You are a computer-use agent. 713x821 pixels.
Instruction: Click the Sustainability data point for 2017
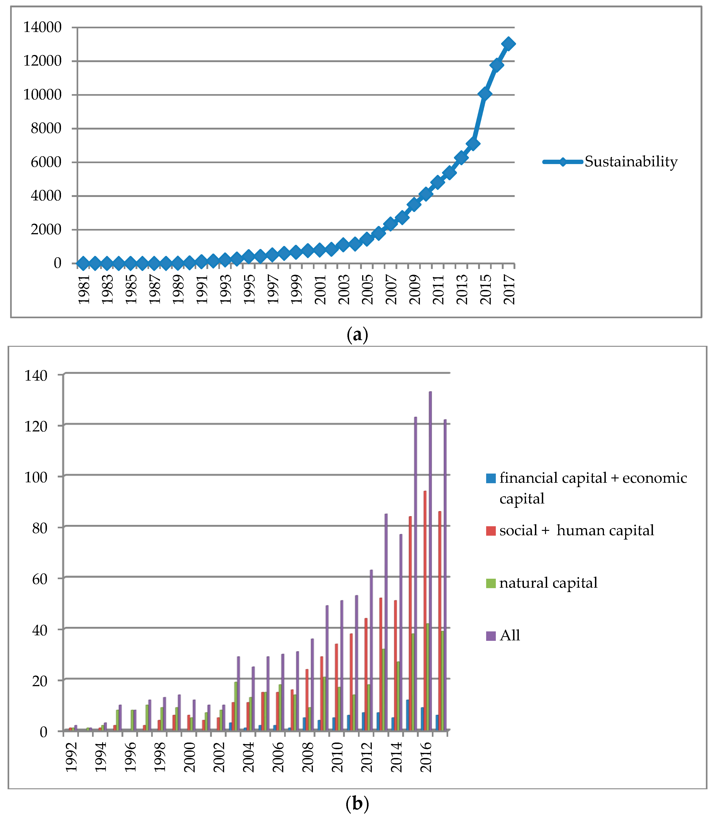click(508, 44)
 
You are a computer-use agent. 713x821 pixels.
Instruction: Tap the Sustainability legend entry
click(631, 162)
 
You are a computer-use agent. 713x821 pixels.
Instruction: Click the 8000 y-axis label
click(46, 129)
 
